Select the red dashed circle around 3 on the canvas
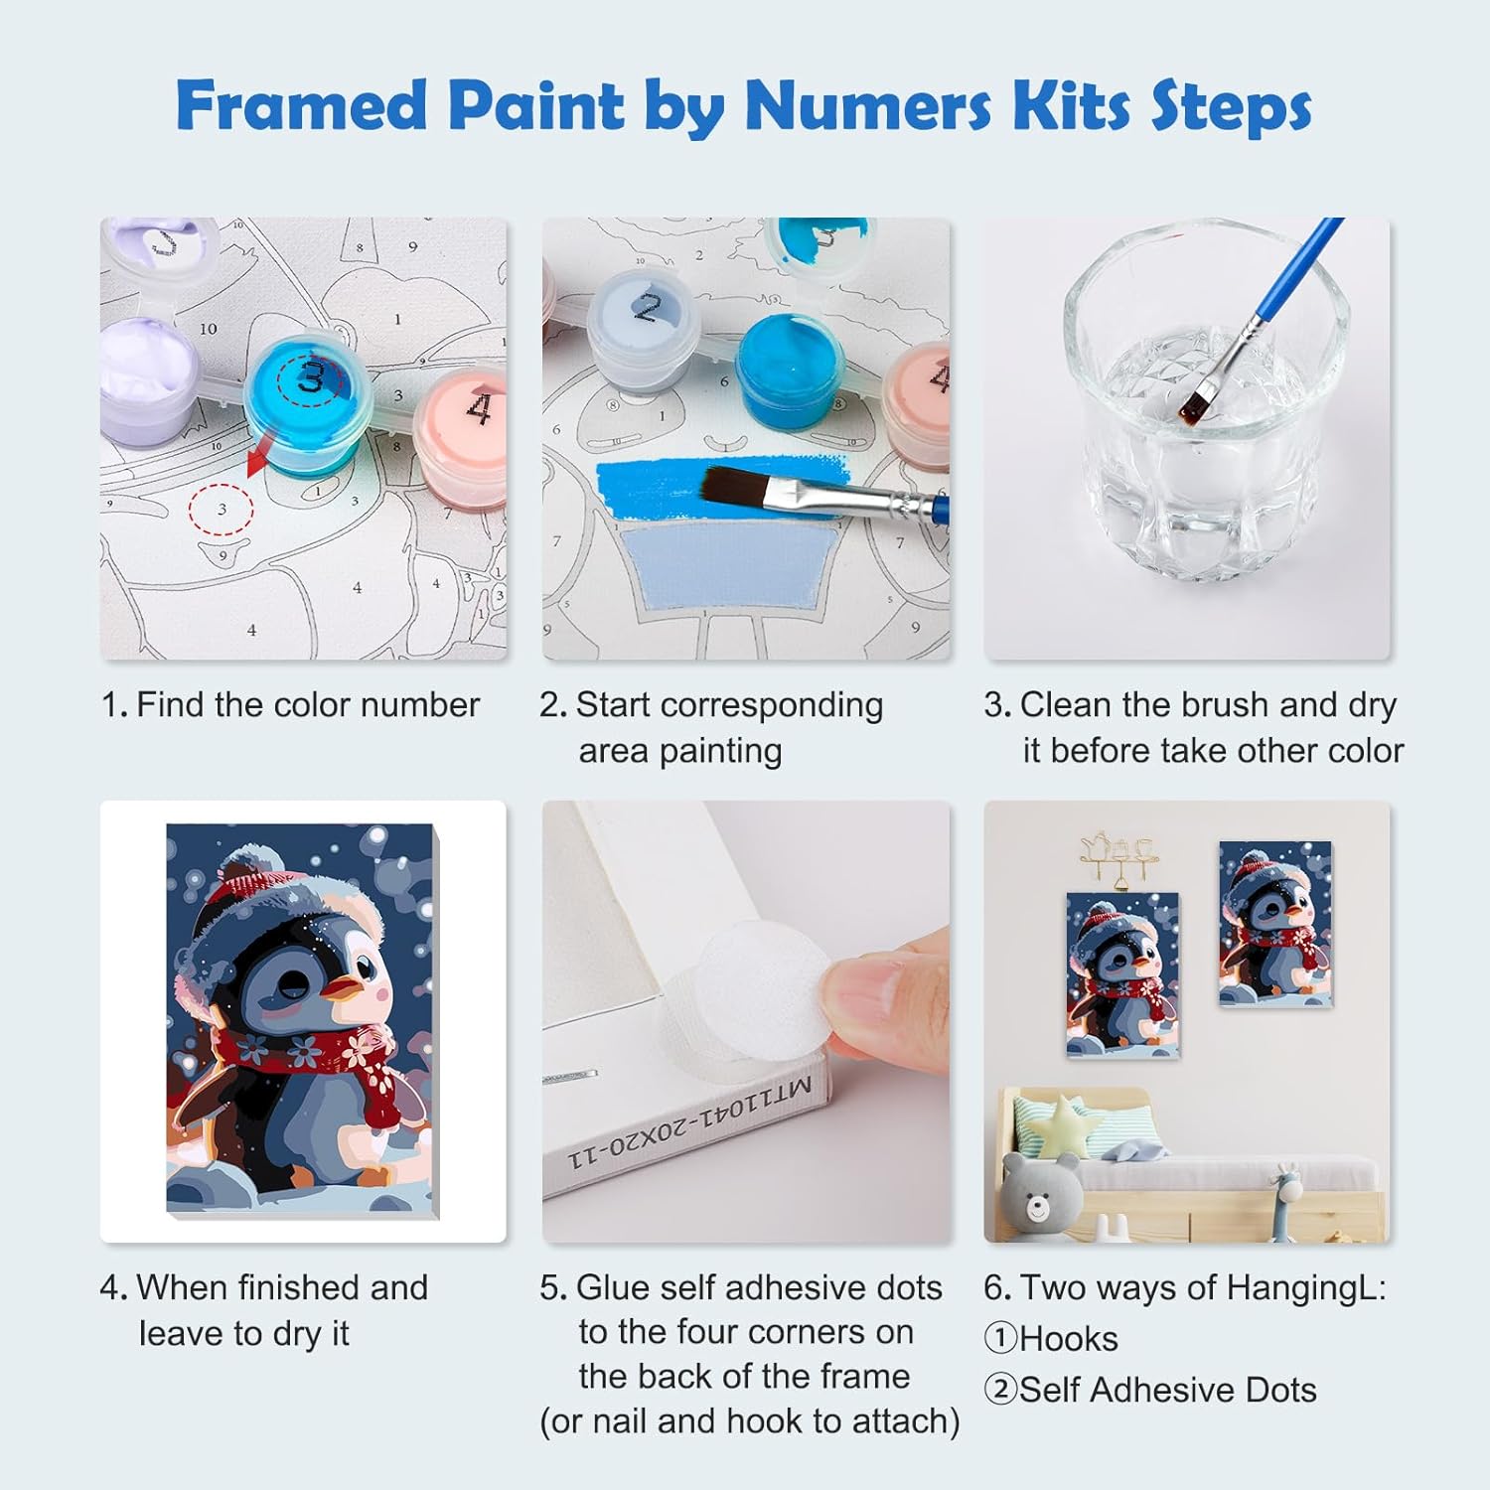coord(222,509)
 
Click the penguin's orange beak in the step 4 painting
coord(346,985)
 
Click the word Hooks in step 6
coord(1068,1339)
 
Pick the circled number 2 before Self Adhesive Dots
coord(1000,1390)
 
